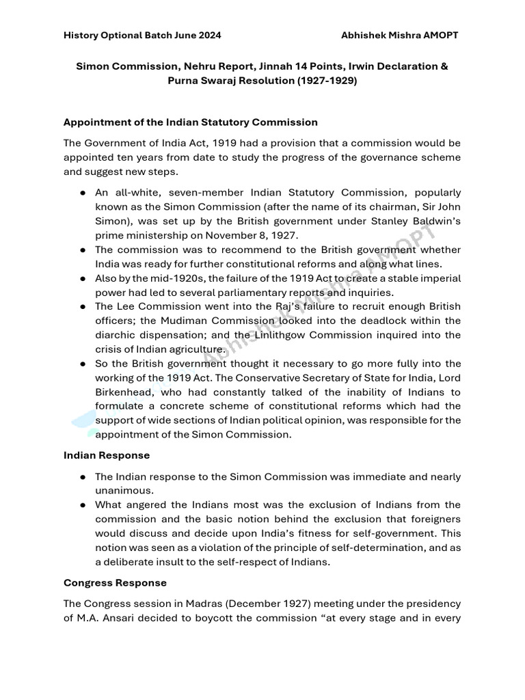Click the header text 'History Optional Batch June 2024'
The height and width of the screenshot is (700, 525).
(142, 35)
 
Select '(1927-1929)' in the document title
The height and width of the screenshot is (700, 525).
(324, 80)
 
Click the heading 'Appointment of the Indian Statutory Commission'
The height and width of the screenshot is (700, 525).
(191, 122)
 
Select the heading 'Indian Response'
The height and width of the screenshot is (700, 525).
(107, 455)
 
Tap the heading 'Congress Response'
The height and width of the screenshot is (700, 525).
(115, 583)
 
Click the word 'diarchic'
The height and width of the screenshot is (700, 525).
(116, 335)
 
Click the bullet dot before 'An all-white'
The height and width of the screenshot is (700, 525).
(82, 193)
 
